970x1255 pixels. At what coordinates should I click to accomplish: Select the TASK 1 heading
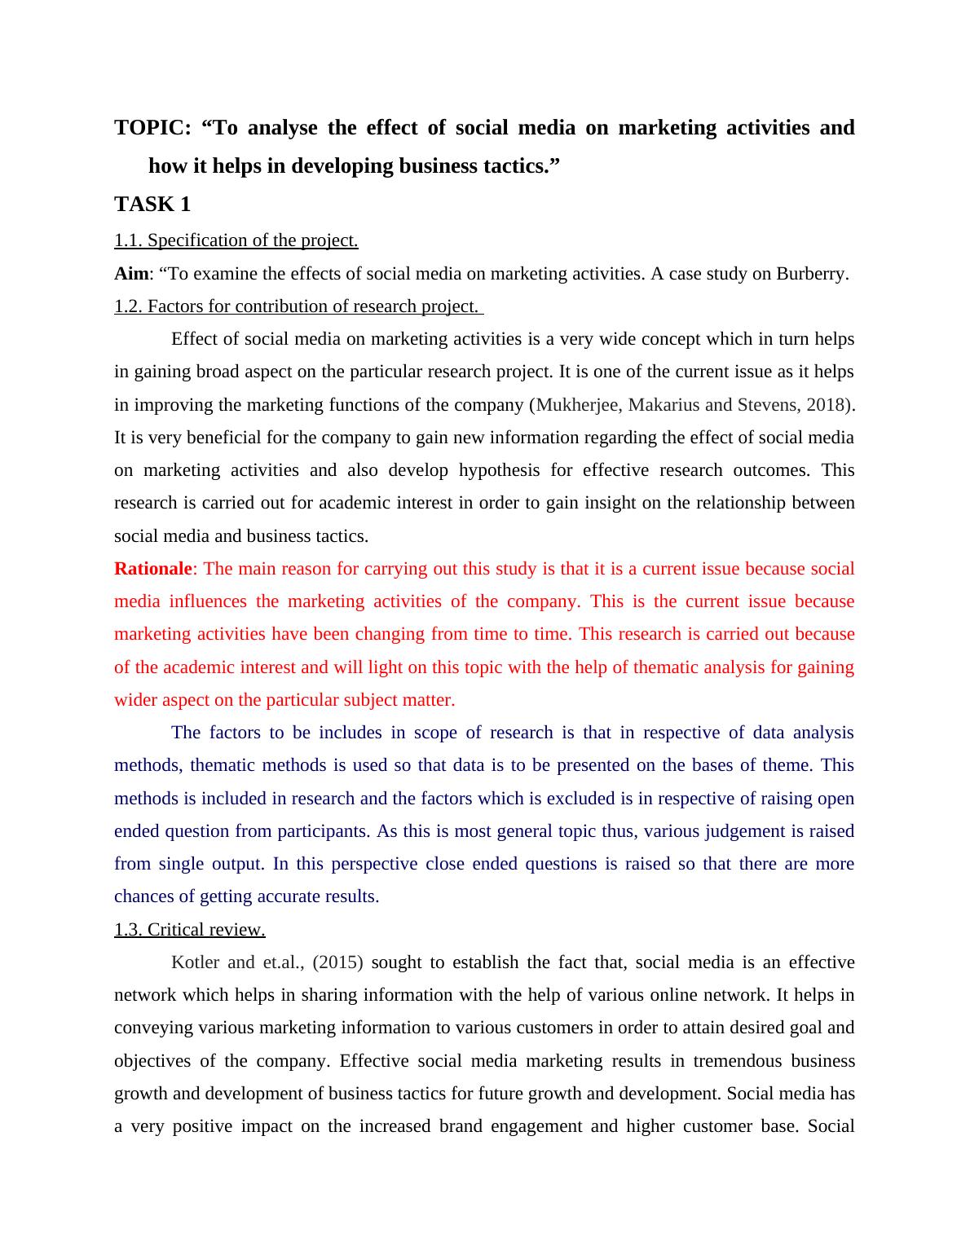(152, 204)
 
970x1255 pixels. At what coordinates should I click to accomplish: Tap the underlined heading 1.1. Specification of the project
(236, 240)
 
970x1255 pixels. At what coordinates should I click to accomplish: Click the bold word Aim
(131, 274)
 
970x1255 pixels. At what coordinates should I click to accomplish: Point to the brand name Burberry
(812, 274)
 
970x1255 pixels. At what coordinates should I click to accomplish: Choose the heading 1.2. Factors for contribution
(298, 306)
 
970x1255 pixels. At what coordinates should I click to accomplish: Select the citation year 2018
(824, 405)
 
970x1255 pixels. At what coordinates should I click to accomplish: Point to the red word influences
(208, 601)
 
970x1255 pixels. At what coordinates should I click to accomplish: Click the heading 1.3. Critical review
(189, 930)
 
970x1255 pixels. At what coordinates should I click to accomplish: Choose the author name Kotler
(195, 962)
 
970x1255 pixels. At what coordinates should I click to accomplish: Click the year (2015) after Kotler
(337, 962)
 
